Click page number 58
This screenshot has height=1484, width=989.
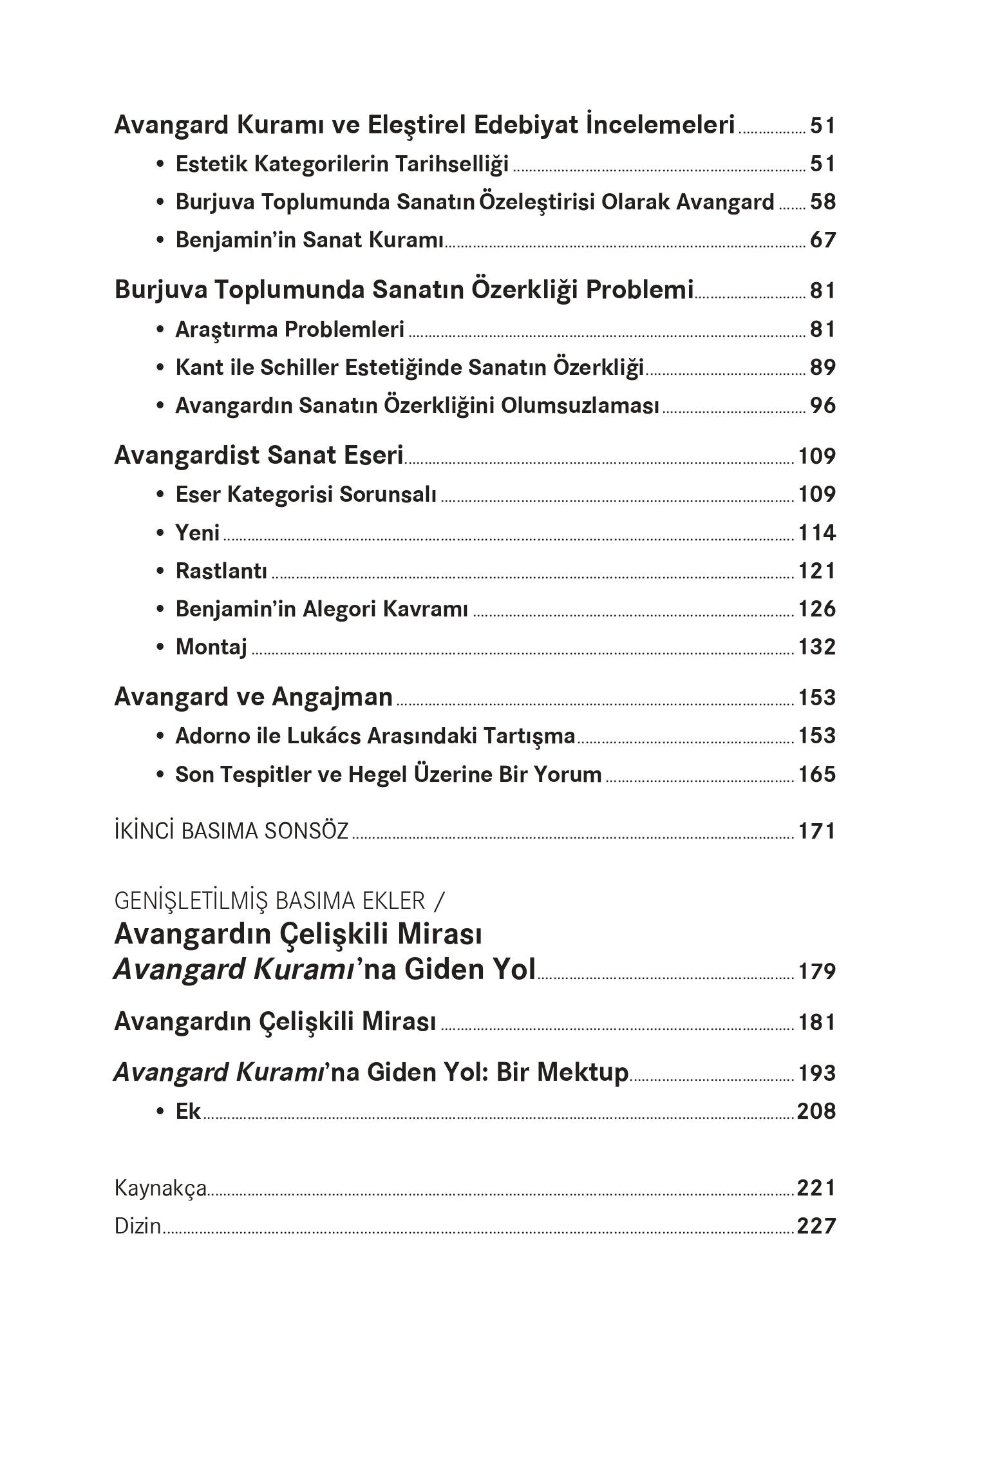tap(822, 202)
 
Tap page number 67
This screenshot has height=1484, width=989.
tap(822, 240)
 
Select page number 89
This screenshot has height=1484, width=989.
tap(822, 367)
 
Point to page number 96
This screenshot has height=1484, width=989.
tap(822, 405)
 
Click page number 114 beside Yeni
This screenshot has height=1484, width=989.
tap(816, 533)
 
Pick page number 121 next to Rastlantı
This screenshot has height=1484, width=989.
tap(816, 571)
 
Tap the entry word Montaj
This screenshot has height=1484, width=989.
tap(211, 647)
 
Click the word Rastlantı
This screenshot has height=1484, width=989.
tap(221, 571)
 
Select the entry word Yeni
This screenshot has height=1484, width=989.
tap(198, 533)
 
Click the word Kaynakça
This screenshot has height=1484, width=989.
tap(160, 1188)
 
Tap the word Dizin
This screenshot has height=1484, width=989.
tap(138, 1226)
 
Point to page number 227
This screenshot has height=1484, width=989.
tap(816, 1226)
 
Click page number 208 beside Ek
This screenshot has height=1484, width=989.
tap(816, 1111)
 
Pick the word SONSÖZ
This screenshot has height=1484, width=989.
tap(306, 831)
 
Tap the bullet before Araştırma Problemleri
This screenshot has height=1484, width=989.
tap(160, 330)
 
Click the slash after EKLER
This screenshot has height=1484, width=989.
tap(439, 901)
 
